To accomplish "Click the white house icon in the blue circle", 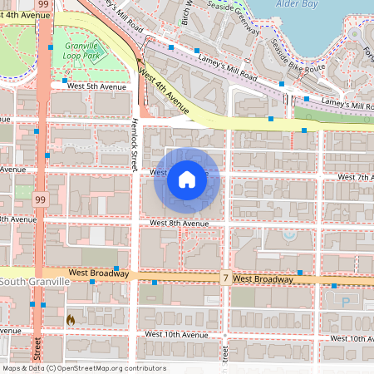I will (187, 180).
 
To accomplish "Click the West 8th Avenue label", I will (179, 223).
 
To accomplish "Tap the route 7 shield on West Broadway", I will (224, 278).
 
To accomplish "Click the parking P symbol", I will (346, 303).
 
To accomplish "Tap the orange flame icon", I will (71, 318).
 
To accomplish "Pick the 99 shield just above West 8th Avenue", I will (39, 199).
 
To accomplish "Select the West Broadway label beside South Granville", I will (98, 273).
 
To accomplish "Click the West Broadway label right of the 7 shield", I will (263, 279).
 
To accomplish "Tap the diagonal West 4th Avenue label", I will (165, 92).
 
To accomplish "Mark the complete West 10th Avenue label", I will (175, 334).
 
